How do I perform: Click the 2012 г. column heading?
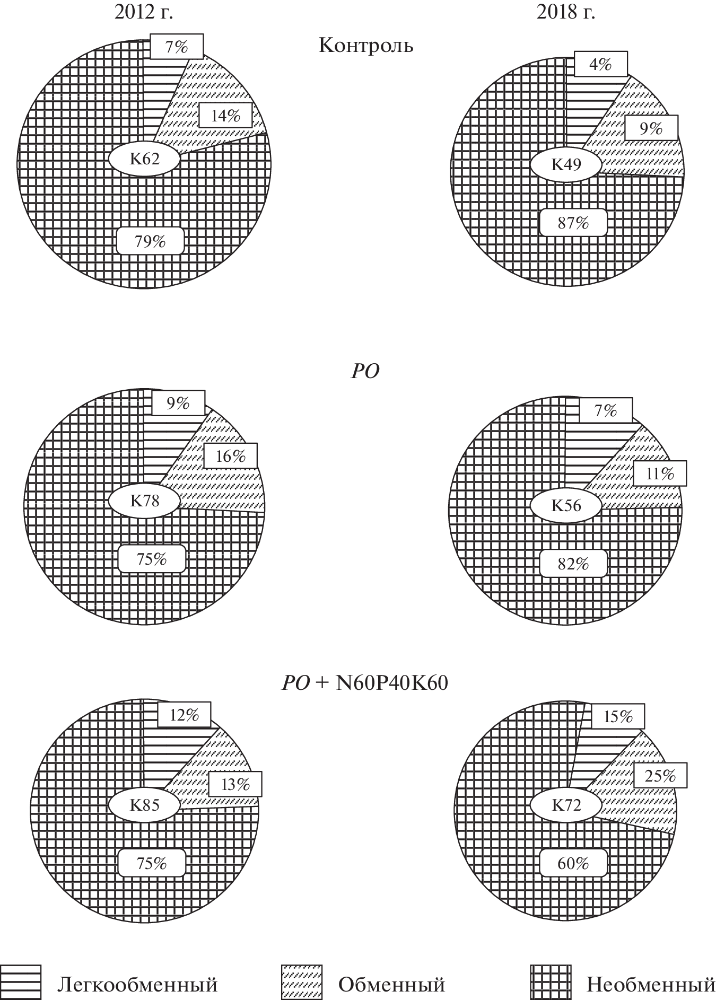coord(144,11)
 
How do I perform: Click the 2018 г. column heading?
coord(566,11)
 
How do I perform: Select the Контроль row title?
coord(365,46)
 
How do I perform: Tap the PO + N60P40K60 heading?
coord(365,683)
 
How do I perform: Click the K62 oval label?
coord(145,159)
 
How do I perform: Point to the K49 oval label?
coord(566,165)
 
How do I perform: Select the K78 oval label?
coord(145,500)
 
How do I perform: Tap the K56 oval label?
coord(566,505)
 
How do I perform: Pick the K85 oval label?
coord(145,805)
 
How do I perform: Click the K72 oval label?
coord(566,806)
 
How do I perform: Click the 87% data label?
coord(573,223)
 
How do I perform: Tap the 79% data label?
coord(151,241)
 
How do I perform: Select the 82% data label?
coord(573,564)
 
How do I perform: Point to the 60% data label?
coord(573,864)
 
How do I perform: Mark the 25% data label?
coord(661,776)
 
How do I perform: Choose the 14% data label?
coord(226,115)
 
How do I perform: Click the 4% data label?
coord(601,64)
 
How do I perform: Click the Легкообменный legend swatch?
coord(21,983)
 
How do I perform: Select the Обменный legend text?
coord(391,985)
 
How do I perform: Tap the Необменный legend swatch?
coord(551,983)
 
